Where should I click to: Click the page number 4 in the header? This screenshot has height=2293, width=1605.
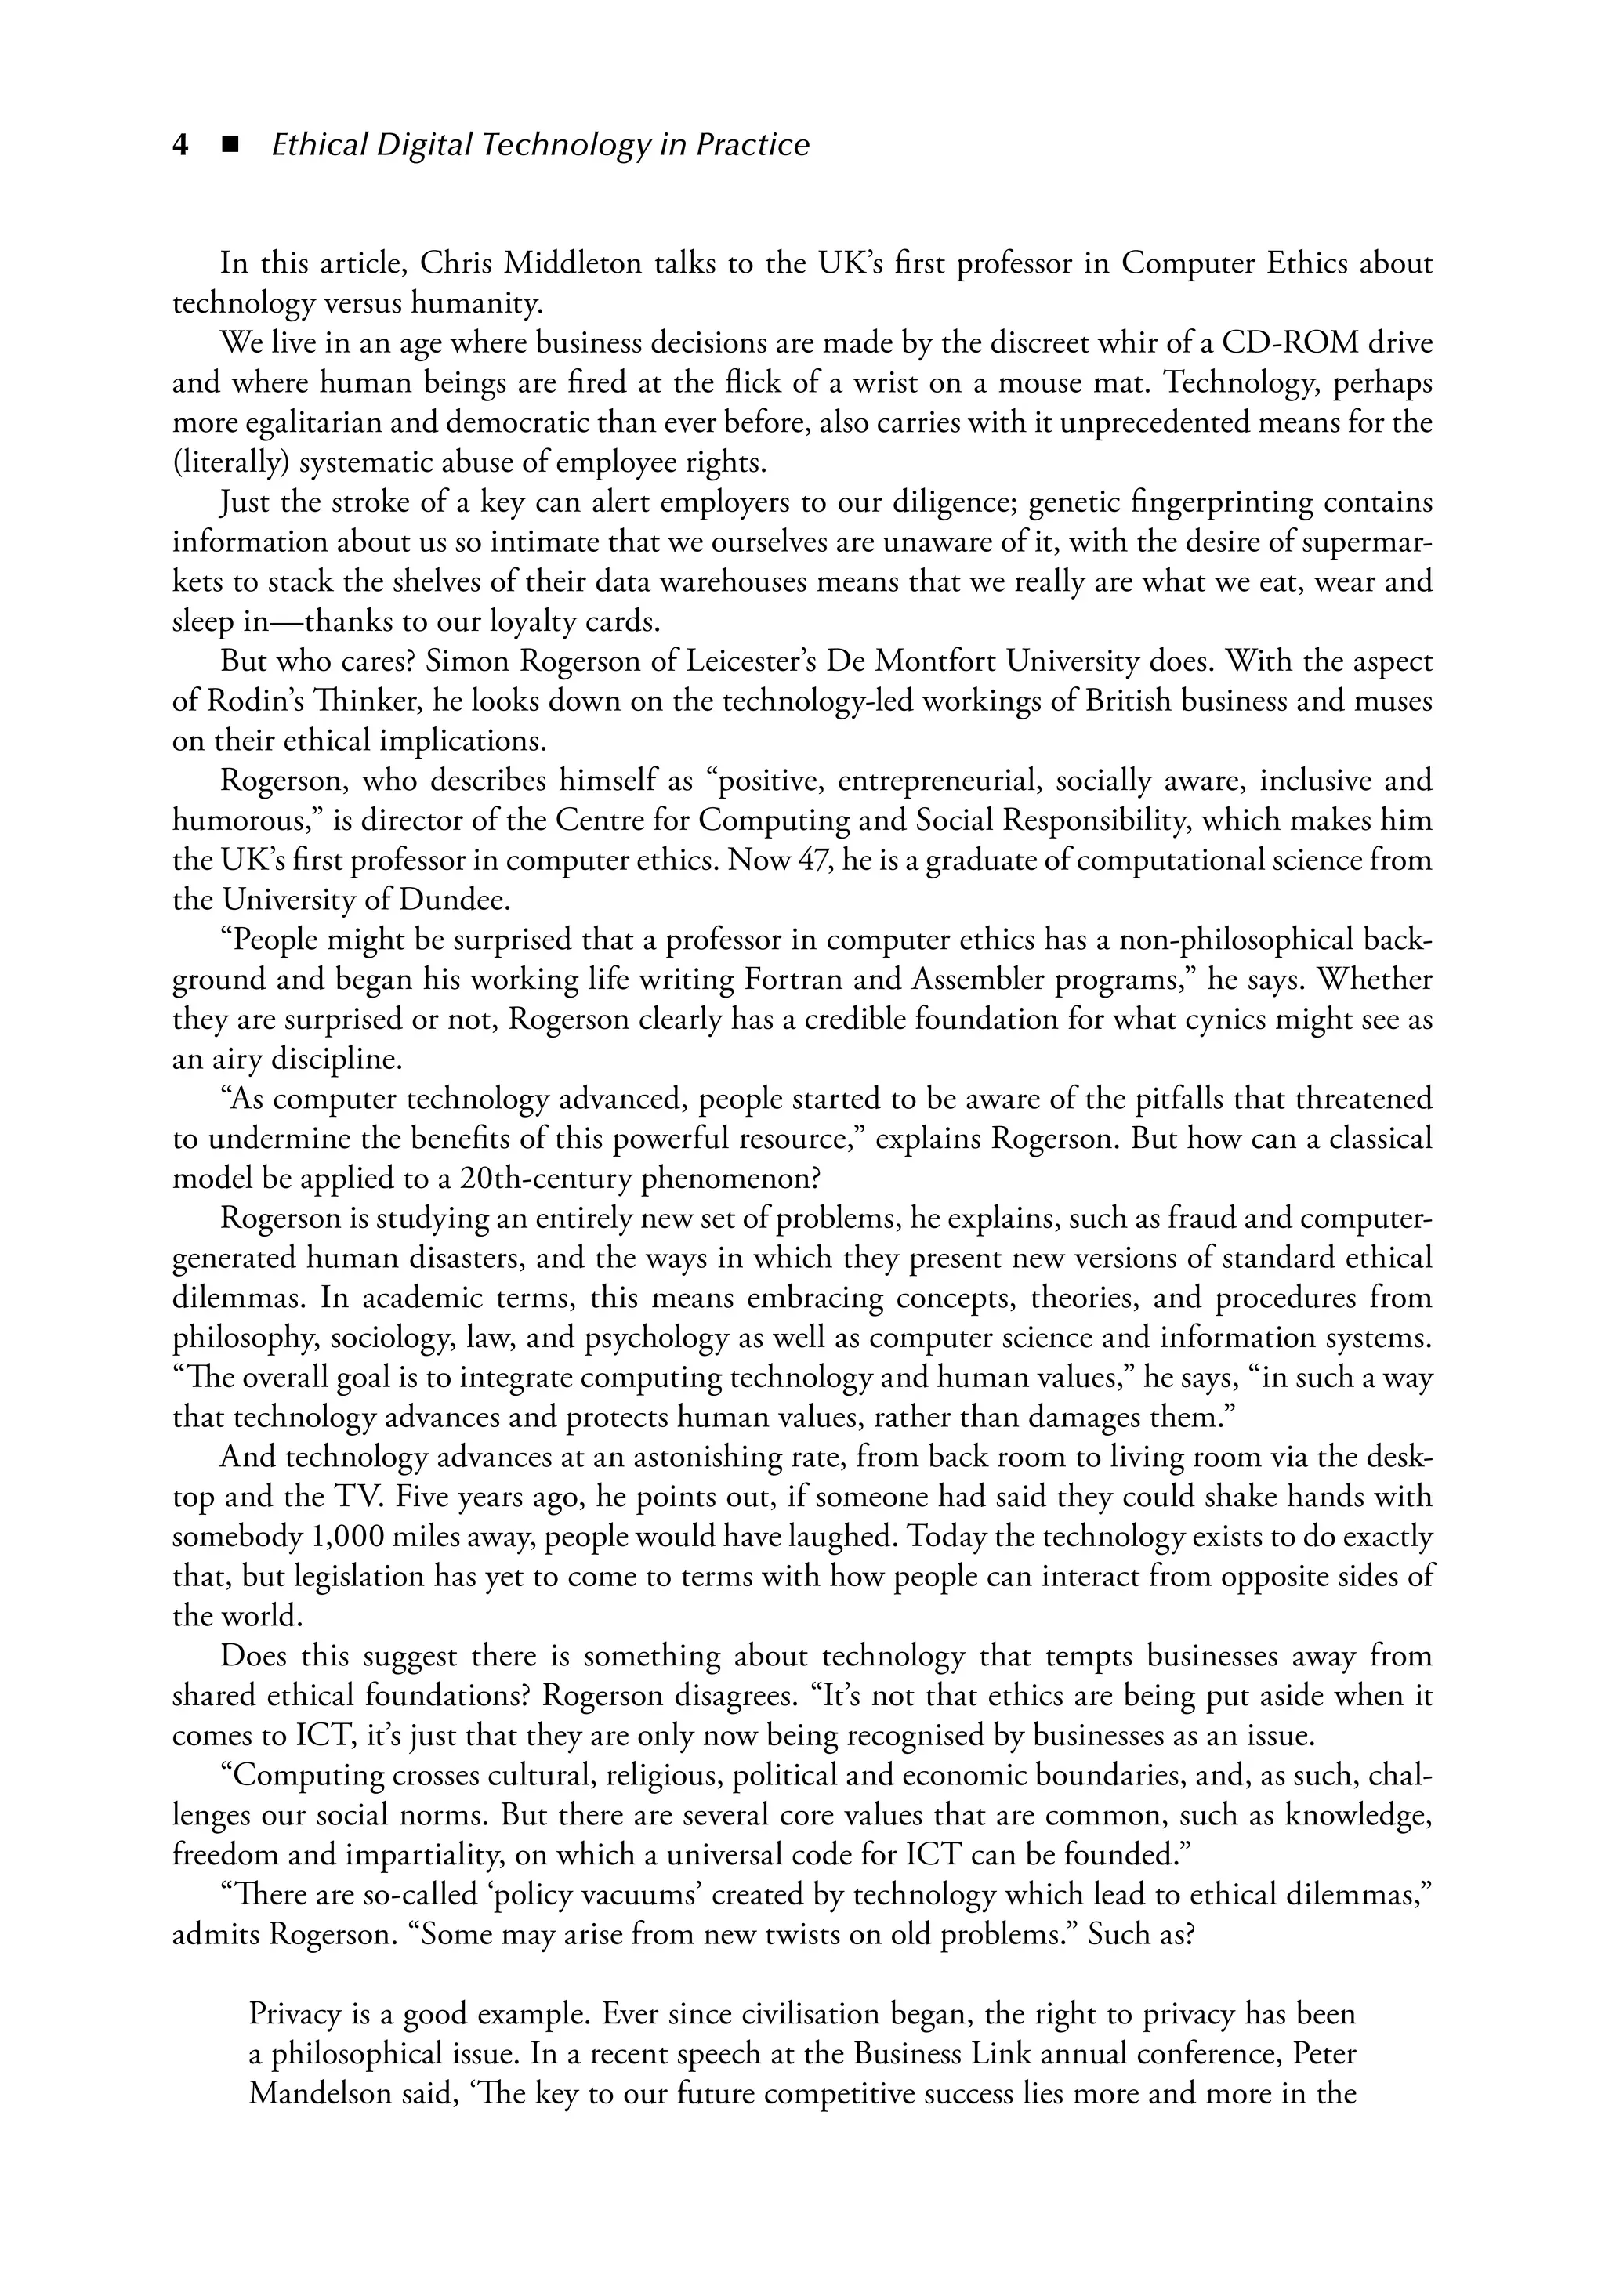(x=181, y=146)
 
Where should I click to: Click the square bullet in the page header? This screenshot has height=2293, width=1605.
(x=230, y=146)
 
